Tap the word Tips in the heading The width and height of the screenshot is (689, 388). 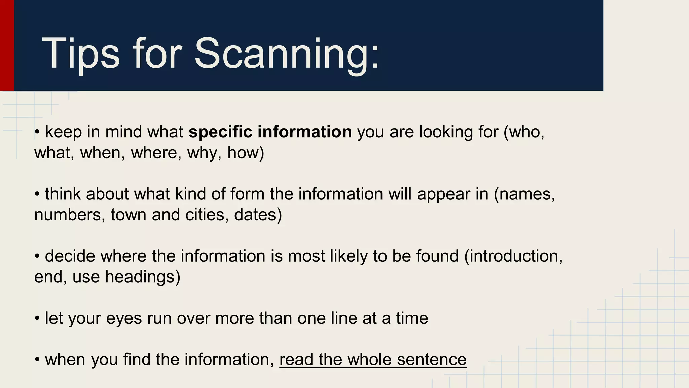(81, 54)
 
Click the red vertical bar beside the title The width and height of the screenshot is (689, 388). (7, 45)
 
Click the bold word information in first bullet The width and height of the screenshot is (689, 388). (305, 132)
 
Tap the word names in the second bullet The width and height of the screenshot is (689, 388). (525, 194)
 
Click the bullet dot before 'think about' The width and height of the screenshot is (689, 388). (37, 194)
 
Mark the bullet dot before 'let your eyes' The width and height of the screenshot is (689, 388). (37, 319)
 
